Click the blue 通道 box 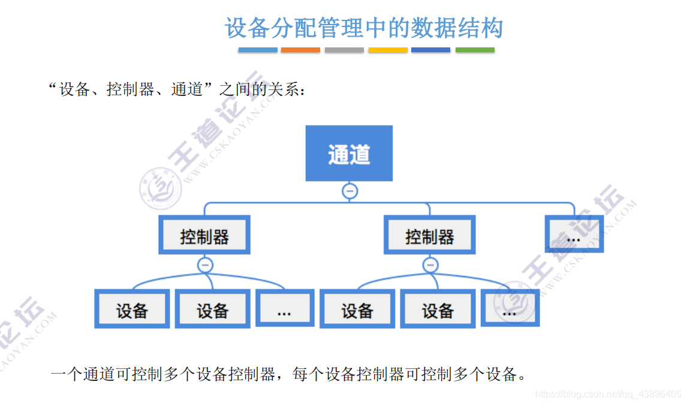[349, 153]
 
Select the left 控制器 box [204, 235]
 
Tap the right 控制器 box [429, 235]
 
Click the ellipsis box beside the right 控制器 [574, 235]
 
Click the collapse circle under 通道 [349, 191]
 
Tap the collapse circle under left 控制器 [205, 265]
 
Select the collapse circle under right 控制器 [430, 265]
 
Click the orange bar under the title [300, 50]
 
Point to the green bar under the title [475, 50]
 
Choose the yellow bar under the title [388, 50]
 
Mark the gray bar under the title [344, 50]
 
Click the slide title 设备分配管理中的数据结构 [364, 28]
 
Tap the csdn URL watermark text [608, 394]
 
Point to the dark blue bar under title [430, 50]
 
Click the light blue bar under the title [258, 50]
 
